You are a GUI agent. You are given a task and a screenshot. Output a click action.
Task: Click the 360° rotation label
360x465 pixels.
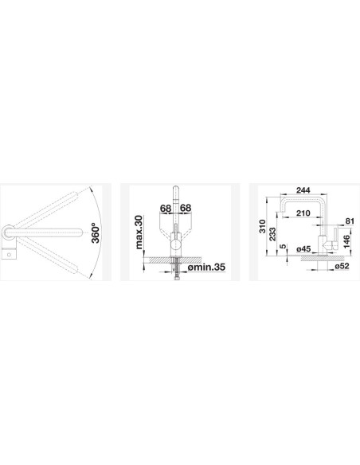[96, 233]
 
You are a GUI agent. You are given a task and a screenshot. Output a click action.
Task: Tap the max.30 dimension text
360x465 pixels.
[139, 232]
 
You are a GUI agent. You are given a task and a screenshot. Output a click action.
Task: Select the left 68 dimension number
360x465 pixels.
[166, 208]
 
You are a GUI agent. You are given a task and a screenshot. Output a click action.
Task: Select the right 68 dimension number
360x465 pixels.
[186, 208]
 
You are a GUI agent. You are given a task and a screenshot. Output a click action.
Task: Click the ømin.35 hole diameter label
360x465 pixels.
[206, 268]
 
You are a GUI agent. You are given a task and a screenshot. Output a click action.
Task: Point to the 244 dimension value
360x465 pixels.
[303, 190]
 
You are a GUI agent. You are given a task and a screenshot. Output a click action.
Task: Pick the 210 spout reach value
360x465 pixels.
[303, 213]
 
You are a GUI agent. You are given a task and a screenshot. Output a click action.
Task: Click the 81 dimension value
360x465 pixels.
[350, 221]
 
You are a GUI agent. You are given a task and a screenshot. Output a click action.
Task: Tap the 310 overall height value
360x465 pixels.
[263, 226]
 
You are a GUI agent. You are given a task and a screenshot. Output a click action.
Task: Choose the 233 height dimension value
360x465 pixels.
[273, 234]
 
